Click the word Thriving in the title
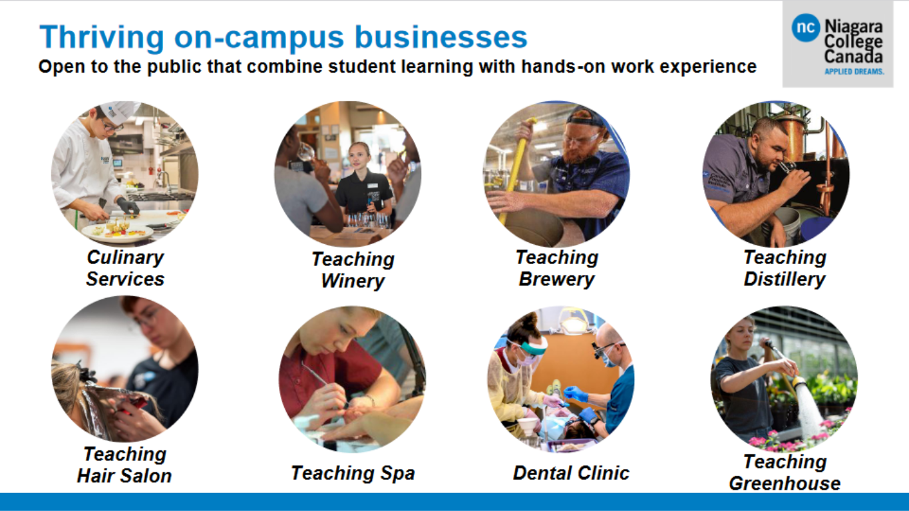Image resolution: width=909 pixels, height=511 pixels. coord(101,37)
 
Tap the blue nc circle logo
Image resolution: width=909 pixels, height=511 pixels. coord(805,27)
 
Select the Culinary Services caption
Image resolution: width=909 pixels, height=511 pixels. coord(125,268)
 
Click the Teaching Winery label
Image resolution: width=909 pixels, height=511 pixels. coord(353,270)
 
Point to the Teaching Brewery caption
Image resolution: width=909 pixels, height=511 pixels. coord(557,268)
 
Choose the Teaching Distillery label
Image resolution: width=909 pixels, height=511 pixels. coord(785,268)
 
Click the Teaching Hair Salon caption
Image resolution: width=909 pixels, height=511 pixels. coord(124,464)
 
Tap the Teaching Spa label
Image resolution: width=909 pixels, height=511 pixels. coord(353,473)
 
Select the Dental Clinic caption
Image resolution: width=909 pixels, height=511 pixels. coord(571,473)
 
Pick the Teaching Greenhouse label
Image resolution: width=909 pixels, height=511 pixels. coord(785,472)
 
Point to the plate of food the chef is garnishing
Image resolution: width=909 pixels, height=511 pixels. coord(117,233)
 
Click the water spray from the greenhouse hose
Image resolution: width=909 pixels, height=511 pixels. coord(809,410)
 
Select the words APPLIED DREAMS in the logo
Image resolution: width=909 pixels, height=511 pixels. coord(854,71)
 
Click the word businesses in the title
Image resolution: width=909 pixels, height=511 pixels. coord(441,37)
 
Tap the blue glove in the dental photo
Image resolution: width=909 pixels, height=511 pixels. coord(576,393)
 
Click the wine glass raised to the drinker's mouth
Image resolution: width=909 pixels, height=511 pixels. coord(306,152)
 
